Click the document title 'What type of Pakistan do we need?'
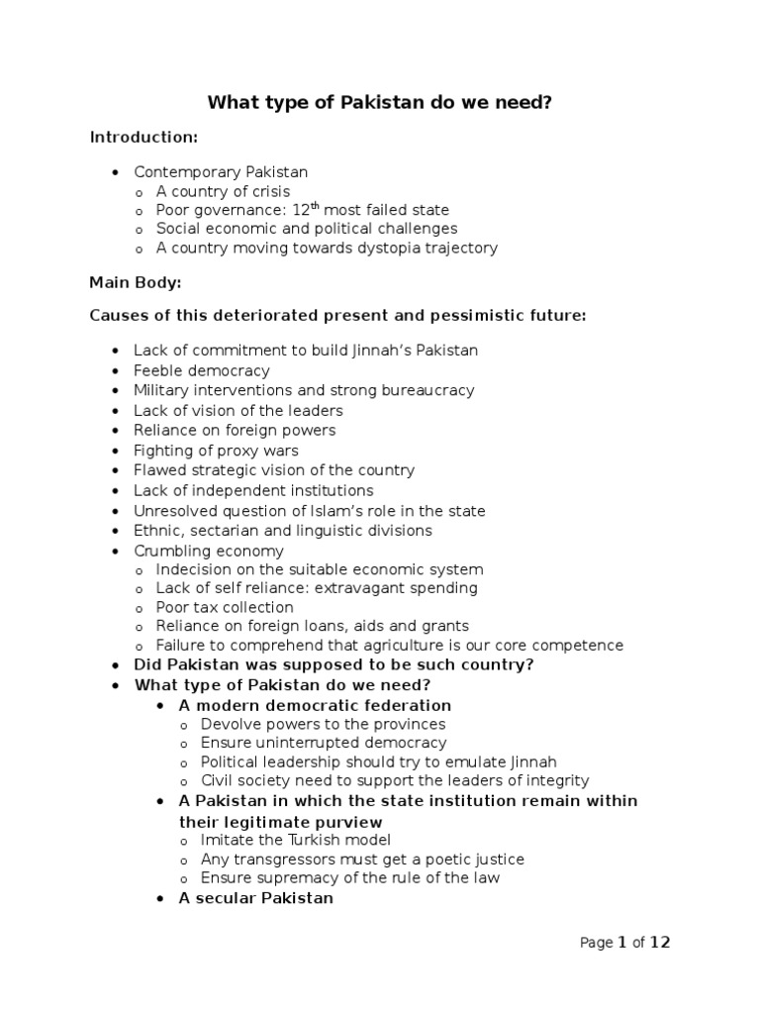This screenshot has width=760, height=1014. [x=379, y=103]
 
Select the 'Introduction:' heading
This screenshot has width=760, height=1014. [x=143, y=137]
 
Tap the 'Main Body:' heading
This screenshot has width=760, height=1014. [x=136, y=282]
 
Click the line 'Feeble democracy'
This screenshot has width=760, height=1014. [x=202, y=370]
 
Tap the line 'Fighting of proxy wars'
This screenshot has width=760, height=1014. [x=216, y=451]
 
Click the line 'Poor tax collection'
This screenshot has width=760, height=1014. [x=225, y=607]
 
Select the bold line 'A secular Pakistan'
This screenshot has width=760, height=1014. [x=255, y=898]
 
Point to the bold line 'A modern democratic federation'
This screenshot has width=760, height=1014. [x=315, y=706]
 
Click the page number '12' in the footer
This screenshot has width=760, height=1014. [x=660, y=943]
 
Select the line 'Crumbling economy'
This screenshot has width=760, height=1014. [x=209, y=551]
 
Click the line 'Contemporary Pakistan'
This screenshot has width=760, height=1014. [x=221, y=172]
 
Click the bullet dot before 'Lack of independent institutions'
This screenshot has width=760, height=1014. [x=115, y=491]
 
